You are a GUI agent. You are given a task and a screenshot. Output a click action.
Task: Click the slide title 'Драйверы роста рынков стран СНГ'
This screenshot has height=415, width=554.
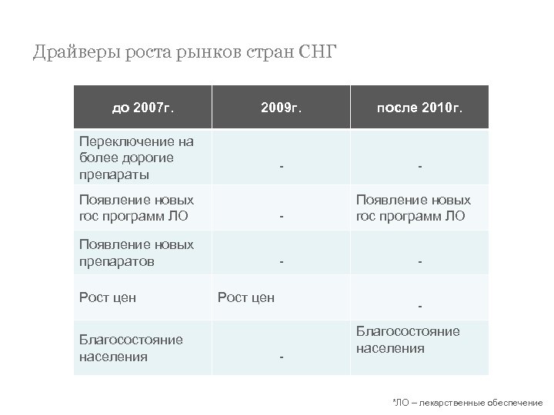tap(185, 53)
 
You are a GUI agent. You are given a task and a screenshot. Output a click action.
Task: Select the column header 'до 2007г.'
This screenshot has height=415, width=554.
tap(143, 108)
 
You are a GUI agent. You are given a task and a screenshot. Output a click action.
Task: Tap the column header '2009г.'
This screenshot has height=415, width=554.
tap(281, 108)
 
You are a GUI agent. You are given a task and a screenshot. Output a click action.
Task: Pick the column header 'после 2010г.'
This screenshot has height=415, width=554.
tap(419, 108)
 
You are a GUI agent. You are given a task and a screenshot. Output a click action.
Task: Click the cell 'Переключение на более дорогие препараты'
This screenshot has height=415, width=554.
tap(137, 158)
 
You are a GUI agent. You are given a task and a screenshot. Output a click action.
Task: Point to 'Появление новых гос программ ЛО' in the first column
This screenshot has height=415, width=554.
tap(137, 207)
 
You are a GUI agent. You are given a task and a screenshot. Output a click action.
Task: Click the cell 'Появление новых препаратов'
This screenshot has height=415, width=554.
tap(137, 253)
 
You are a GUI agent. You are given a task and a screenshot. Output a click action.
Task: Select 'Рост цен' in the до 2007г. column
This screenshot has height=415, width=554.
tap(108, 297)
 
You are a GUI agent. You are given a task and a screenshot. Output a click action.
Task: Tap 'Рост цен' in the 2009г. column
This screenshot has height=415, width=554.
tap(246, 297)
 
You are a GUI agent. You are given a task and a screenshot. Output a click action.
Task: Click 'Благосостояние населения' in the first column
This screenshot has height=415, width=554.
tap(132, 348)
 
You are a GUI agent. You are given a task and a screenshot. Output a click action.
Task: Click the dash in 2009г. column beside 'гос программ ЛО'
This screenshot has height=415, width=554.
tap(282, 217)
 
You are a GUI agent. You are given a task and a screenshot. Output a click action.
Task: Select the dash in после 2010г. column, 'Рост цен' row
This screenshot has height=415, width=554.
tap(420, 307)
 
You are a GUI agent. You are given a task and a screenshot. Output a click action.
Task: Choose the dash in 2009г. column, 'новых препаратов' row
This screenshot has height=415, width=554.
tap(282, 262)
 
